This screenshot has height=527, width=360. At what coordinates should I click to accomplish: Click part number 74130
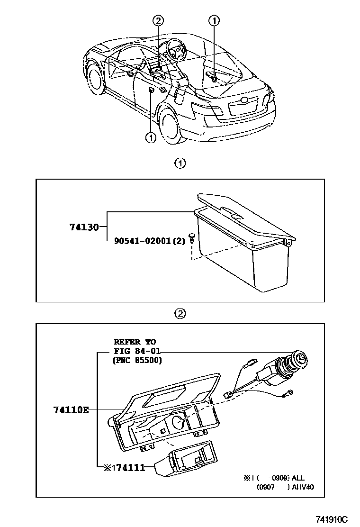[83, 227]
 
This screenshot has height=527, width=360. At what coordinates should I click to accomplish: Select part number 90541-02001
[143, 241]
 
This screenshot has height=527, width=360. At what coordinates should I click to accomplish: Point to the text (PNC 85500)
[137, 361]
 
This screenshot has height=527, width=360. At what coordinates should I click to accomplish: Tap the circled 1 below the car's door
[151, 137]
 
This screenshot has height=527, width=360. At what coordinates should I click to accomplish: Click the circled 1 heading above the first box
[180, 164]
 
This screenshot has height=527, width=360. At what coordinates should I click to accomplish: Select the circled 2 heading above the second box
[180, 313]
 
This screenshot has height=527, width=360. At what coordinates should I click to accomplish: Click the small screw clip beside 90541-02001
[192, 237]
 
